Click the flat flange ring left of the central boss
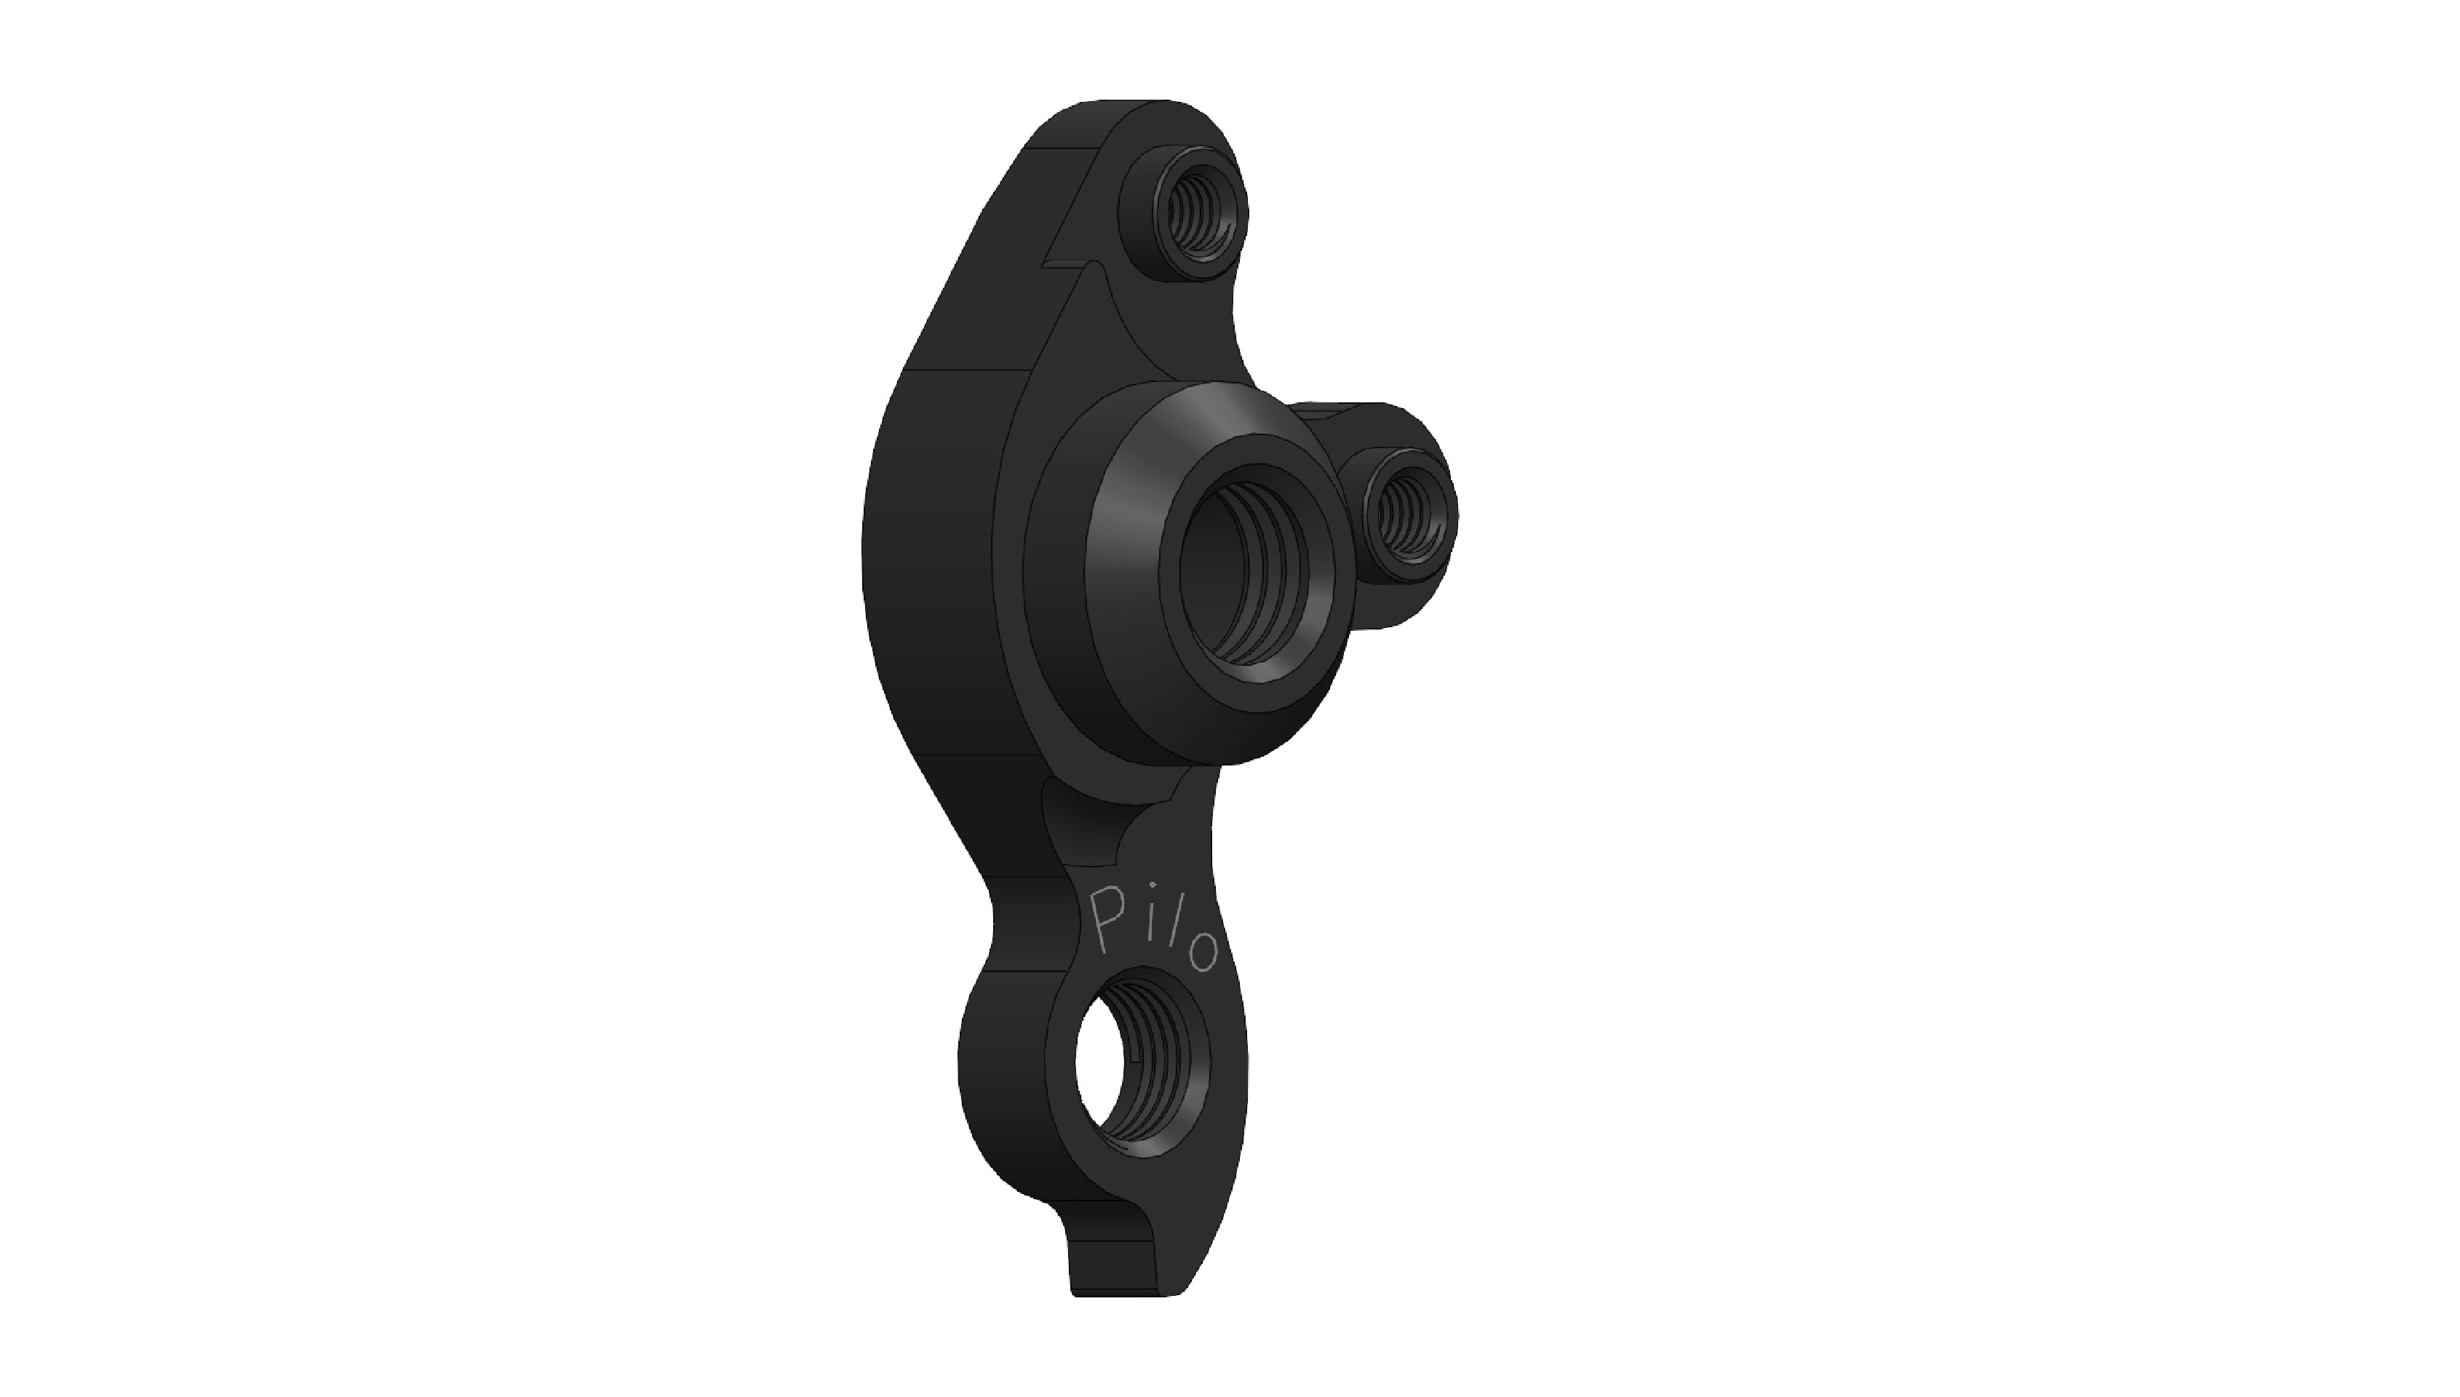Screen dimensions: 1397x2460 (1056, 595)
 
